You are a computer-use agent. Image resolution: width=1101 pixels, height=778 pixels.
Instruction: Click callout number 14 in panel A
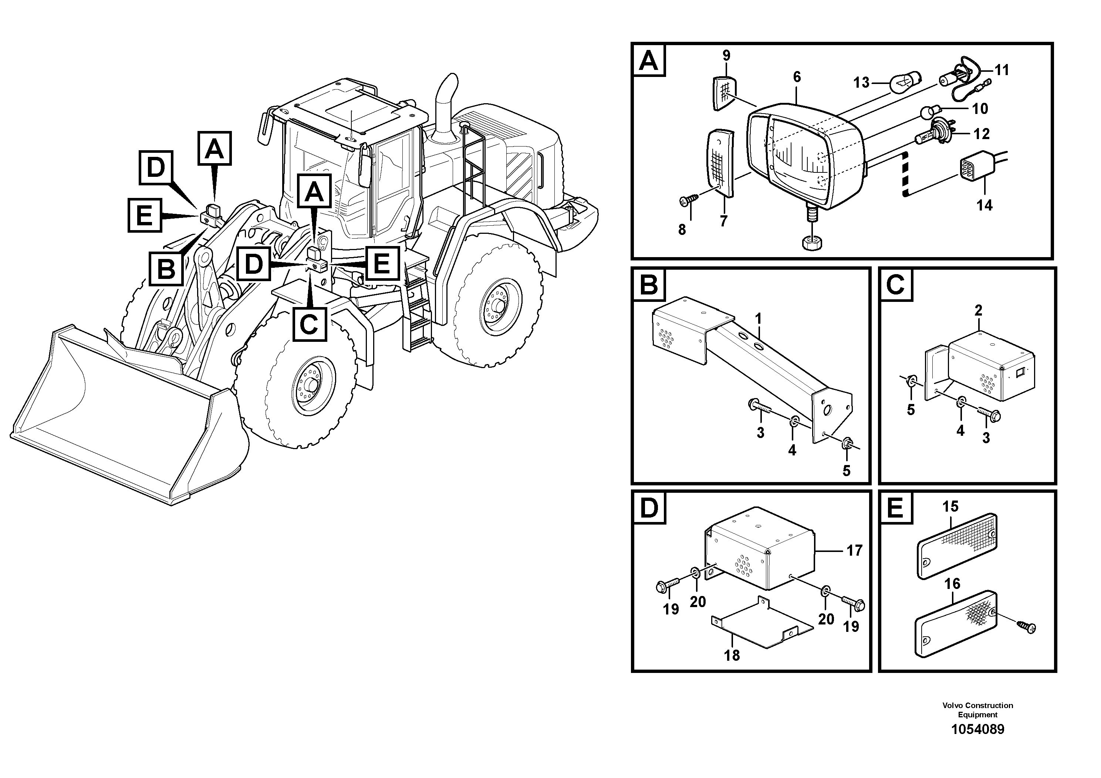click(984, 206)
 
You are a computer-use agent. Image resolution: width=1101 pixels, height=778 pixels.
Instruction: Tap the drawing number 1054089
click(977, 730)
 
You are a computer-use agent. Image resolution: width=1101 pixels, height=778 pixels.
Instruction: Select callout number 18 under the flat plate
click(732, 655)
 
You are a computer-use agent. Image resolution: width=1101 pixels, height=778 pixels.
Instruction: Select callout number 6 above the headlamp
click(797, 77)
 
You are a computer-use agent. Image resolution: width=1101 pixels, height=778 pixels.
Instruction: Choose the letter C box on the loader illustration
click(309, 324)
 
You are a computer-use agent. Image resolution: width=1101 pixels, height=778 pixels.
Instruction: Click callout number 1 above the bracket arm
click(758, 319)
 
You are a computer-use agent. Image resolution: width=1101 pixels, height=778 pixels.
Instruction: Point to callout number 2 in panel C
click(979, 310)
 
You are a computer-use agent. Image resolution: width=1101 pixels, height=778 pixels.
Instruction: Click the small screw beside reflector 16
click(1026, 626)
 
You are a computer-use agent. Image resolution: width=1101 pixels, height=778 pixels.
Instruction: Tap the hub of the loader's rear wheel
click(498, 305)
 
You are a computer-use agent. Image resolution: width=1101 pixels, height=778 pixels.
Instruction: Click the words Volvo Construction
click(977, 705)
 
